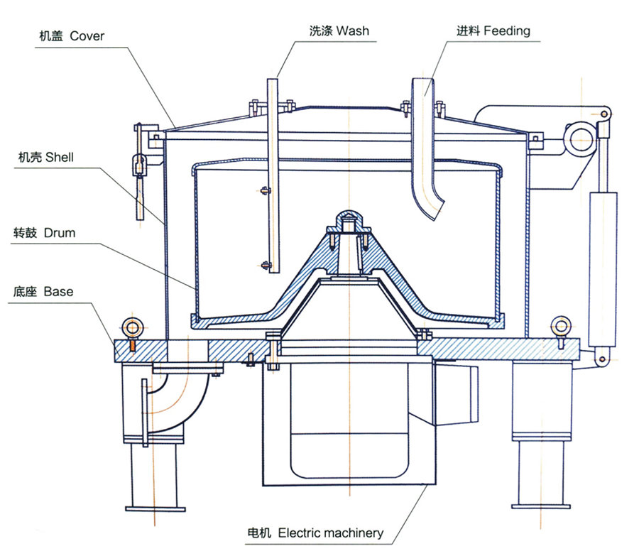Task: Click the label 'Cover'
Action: pyautogui.click(x=87, y=36)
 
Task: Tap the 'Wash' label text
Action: pyautogui.click(x=352, y=31)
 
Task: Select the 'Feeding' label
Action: pyautogui.click(x=507, y=31)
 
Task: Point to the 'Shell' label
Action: pyautogui.click(x=59, y=158)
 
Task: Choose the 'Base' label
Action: pyautogui.click(x=58, y=291)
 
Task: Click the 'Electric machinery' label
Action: pyautogui.click(x=331, y=533)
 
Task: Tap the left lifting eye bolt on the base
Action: pyautogui.click(x=131, y=327)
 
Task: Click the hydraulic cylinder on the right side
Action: pyautogui.click(x=601, y=234)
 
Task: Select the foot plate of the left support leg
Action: pyautogui.click(x=155, y=508)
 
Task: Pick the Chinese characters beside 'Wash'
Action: pyautogui.click(x=322, y=31)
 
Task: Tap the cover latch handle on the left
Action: pyautogui.click(x=138, y=192)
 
